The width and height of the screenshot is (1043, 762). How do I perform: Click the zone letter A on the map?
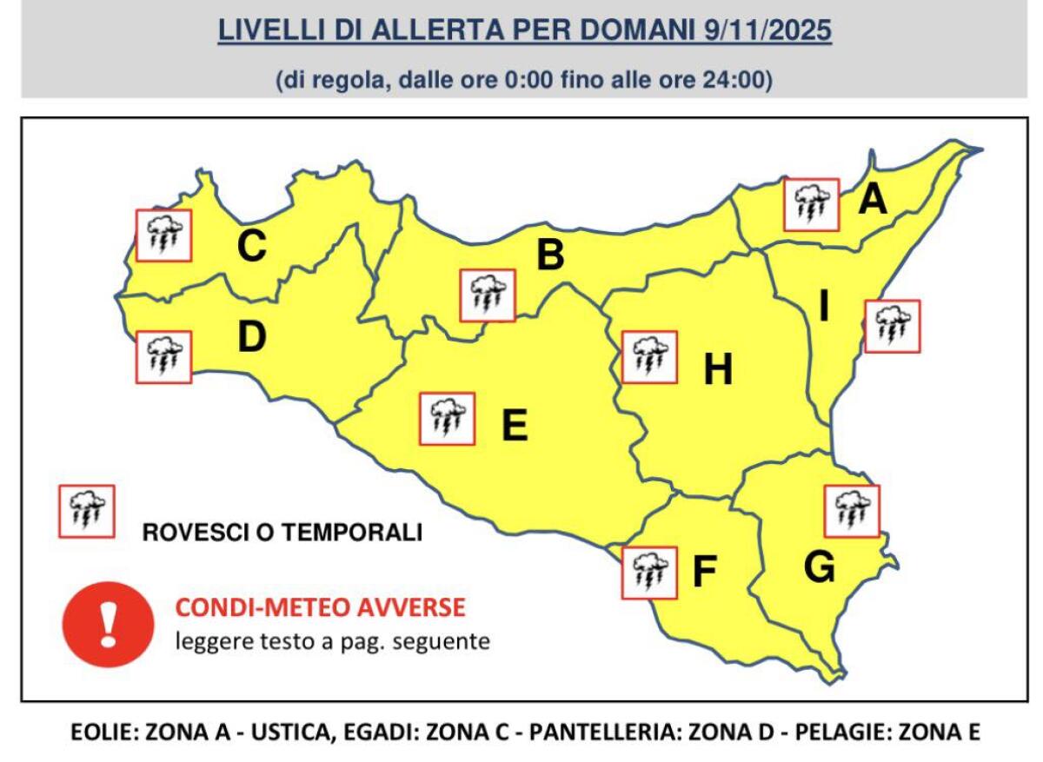872,201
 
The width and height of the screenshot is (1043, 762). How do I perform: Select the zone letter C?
251,247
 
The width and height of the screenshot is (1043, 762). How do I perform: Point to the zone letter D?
251,338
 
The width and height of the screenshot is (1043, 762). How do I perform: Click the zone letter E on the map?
515,426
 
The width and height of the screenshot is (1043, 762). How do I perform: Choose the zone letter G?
819,567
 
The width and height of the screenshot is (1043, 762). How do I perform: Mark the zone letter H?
718,371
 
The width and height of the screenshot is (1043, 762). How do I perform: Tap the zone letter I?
824,306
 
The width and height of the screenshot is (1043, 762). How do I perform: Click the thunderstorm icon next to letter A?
811,205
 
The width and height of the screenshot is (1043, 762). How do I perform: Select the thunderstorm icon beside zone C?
163,235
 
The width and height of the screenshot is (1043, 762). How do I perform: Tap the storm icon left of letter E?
447,419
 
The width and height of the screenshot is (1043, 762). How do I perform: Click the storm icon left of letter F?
649,573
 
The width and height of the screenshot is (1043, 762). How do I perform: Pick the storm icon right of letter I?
892,326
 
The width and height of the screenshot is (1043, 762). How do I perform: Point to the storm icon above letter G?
852,511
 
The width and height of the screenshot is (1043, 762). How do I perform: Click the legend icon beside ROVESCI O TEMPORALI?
86,511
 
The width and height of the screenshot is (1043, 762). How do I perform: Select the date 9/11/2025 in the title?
765,30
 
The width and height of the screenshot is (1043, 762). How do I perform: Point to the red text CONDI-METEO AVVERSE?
320,607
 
